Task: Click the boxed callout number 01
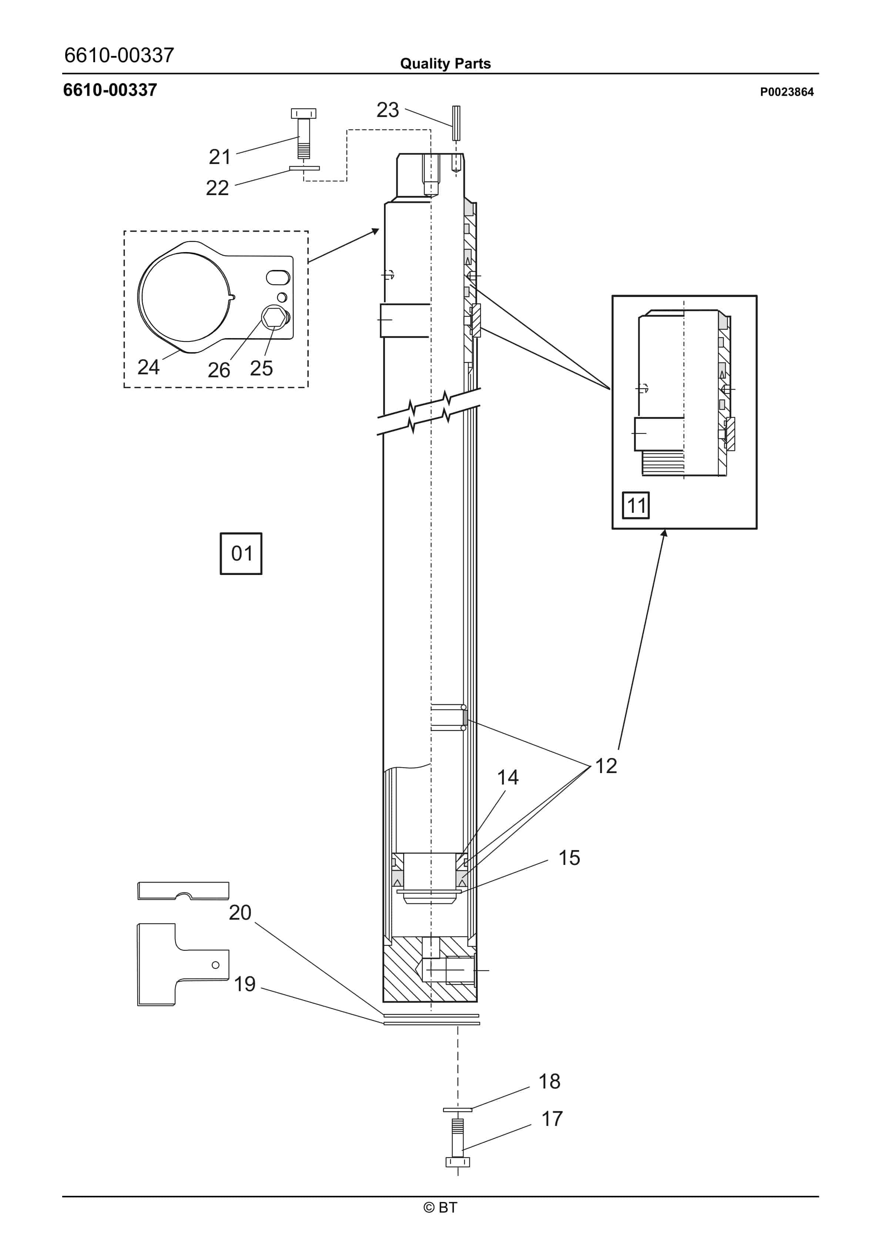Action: (241, 554)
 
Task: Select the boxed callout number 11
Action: (636, 505)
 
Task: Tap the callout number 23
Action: (388, 110)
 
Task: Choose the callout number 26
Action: (219, 370)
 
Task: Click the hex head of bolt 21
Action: (304, 114)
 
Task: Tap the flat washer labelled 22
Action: (304, 168)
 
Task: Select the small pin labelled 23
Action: (456, 123)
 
